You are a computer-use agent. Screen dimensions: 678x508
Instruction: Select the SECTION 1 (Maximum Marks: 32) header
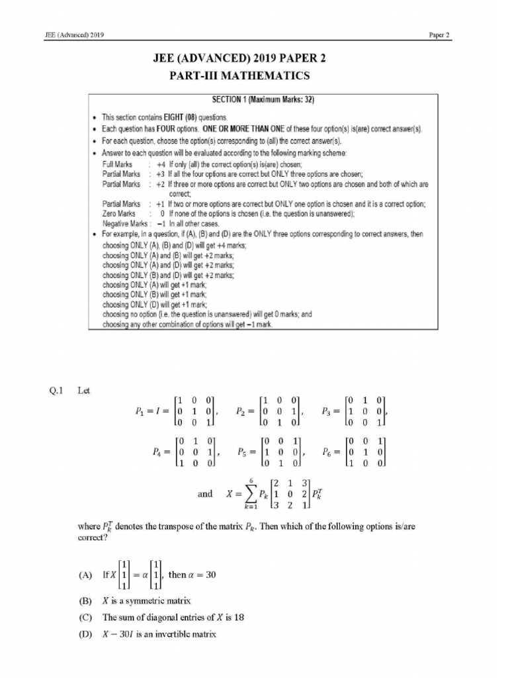[x=263, y=100]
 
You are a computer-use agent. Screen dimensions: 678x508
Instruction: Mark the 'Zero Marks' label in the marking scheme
[x=120, y=214]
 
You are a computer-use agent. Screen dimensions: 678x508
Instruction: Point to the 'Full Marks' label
[x=118, y=164]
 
